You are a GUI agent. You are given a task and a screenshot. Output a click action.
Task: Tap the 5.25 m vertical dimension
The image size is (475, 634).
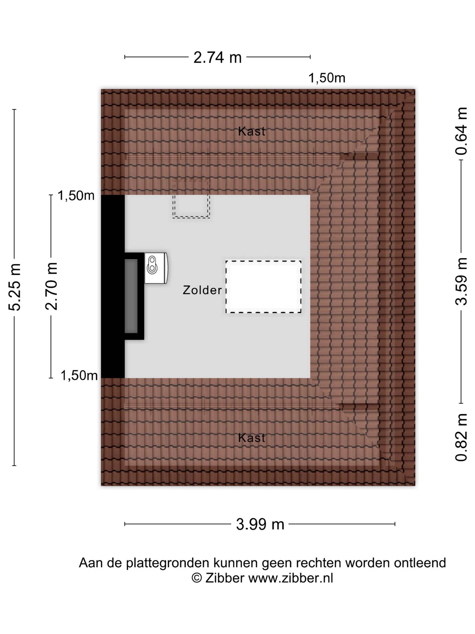point(15,287)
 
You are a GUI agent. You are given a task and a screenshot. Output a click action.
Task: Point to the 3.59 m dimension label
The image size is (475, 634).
point(461,281)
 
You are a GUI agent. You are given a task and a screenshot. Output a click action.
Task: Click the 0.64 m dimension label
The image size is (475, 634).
point(461,131)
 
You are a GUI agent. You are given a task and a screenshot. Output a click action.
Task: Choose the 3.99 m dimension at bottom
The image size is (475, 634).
point(260,524)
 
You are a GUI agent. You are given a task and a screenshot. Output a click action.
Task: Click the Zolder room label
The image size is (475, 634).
point(202,290)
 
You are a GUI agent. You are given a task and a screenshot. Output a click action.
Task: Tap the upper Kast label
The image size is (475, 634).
point(251,132)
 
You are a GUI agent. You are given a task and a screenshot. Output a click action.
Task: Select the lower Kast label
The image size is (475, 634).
point(251,438)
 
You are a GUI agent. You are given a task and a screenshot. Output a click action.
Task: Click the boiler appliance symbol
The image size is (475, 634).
point(156,268)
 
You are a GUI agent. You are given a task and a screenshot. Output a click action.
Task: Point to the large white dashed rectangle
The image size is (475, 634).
point(263,287)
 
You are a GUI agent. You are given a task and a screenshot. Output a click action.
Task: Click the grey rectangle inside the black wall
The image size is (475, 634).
point(131,296)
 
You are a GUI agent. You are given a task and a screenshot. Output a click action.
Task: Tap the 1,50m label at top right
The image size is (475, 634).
point(327,78)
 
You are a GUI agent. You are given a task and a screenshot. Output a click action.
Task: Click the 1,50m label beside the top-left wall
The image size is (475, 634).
point(76,196)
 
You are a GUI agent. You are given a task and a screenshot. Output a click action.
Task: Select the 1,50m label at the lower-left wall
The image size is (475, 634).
point(79,375)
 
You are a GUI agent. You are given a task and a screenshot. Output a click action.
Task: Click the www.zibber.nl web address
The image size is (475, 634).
point(291,578)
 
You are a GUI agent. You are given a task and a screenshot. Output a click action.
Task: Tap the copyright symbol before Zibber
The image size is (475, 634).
point(196,578)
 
